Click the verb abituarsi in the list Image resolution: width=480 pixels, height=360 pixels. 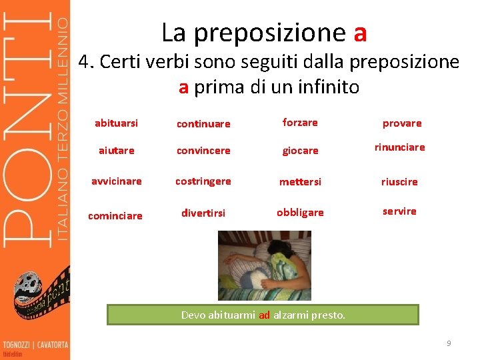[116, 123]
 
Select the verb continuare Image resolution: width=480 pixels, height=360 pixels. [203, 124]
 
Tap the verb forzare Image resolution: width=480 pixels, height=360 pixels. [300, 123]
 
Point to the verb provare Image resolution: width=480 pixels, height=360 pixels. [401, 123]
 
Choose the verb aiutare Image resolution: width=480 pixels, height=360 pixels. [117, 151]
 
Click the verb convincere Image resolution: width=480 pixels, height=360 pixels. [203, 151]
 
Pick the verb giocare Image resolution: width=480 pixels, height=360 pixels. [300, 151]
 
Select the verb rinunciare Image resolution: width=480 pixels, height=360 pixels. [399, 147]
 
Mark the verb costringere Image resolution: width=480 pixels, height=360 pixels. [203, 181]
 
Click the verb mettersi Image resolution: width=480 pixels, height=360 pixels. [300, 182]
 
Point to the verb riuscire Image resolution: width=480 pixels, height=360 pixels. [399, 182]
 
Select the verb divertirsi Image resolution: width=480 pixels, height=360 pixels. [203, 213]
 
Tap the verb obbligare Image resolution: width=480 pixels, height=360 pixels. [300, 213]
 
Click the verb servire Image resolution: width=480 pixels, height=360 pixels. [399, 211]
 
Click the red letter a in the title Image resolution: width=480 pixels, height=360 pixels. [361, 32]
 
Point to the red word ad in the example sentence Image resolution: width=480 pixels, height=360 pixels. [264, 315]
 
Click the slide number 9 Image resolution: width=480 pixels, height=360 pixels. [449, 343]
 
